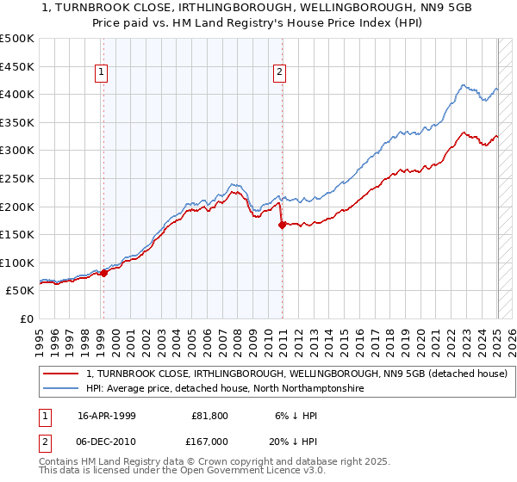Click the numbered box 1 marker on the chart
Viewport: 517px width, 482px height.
tap(103, 72)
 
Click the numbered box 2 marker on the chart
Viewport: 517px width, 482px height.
tap(281, 72)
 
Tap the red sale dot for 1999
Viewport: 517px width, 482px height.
tap(103, 273)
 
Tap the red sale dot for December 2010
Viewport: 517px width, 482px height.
tap(282, 226)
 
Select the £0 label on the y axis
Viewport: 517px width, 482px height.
tap(27, 319)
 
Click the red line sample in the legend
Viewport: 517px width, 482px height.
tap(60, 374)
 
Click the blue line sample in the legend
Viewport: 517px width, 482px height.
tap(60, 389)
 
